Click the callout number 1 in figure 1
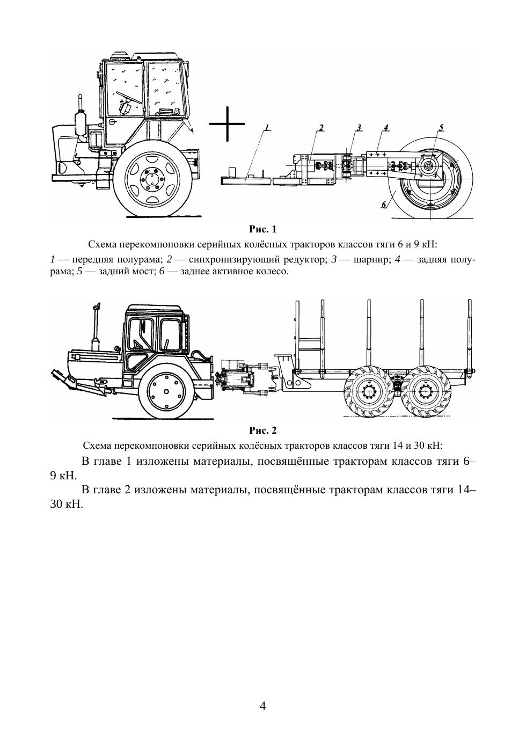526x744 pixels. click(267, 127)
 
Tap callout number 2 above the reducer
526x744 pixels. click(321, 127)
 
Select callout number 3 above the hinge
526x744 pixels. click(359, 127)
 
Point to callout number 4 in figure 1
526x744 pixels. click(386, 127)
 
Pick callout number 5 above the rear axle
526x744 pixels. click(441, 127)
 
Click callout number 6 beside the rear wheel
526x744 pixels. click(384, 205)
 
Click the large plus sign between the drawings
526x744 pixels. click(227, 123)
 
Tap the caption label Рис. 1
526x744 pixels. click(263, 230)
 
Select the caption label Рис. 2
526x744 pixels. click(263, 431)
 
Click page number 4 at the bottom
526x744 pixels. click(263, 705)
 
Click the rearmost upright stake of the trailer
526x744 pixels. click(469, 335)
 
